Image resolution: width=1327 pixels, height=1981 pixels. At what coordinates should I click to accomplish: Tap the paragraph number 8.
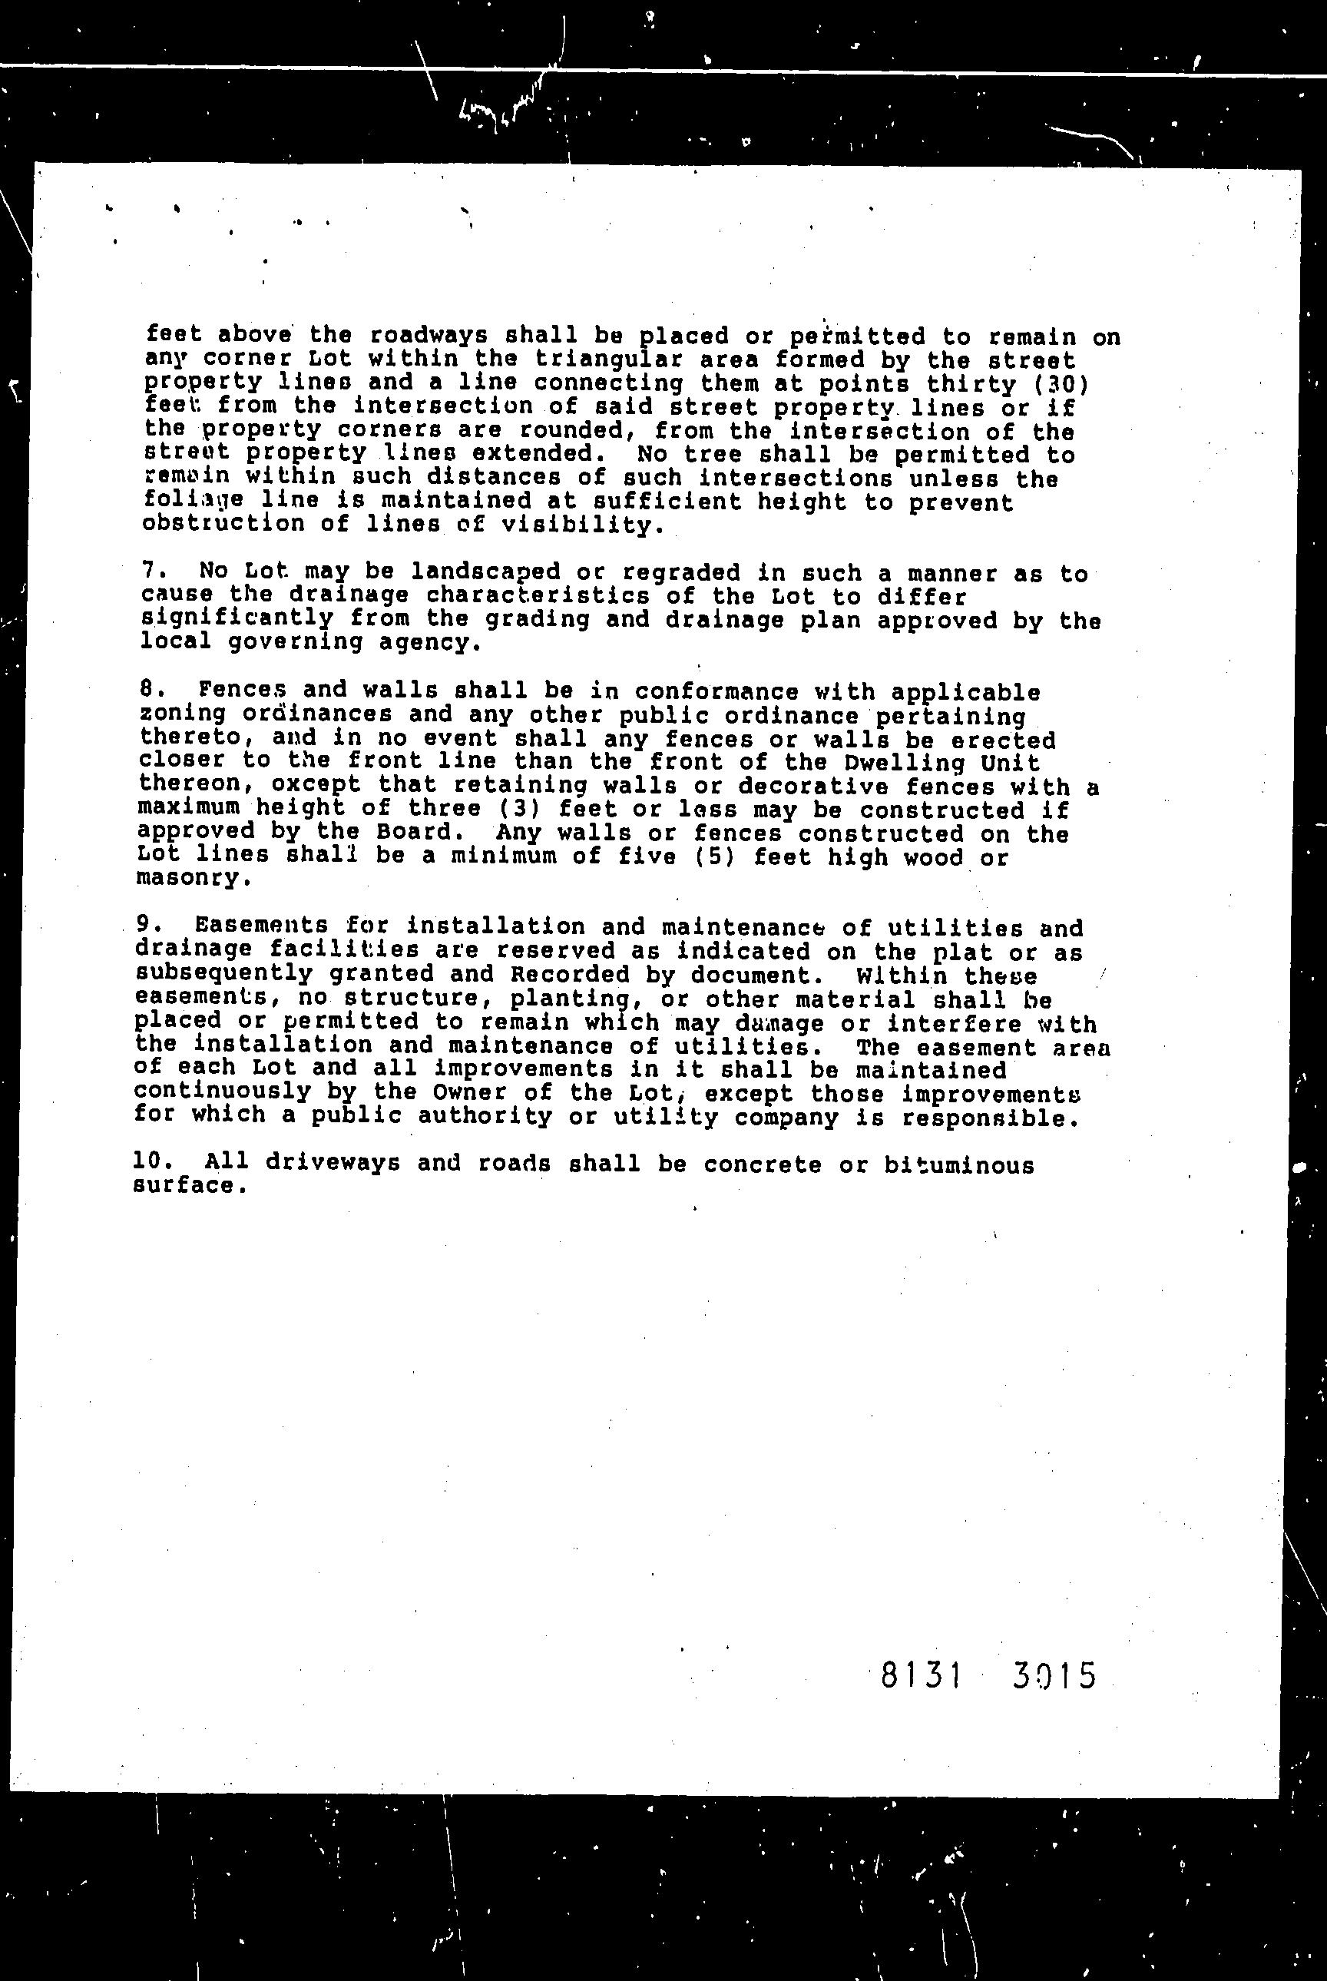point(150,691)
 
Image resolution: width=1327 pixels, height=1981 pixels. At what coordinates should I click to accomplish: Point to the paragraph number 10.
point(152,1163)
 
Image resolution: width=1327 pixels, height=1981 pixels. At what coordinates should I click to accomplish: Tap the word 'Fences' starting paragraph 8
point(235,691)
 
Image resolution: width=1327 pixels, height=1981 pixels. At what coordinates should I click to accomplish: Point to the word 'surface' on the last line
point(187,1185)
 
